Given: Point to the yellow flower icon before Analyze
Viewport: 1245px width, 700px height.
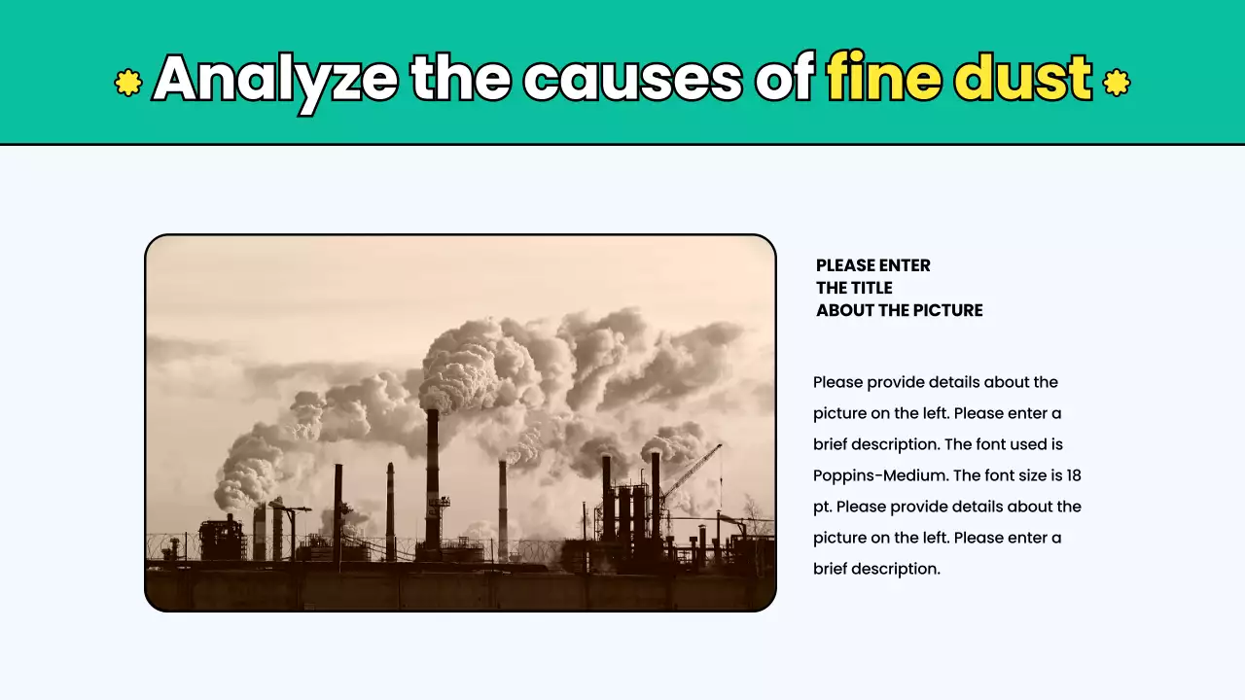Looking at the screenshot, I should coord(128,83).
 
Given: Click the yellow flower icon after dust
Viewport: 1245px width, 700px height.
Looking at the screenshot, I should coord(1117,83).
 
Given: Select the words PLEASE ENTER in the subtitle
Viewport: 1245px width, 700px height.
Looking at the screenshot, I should coord(873,265).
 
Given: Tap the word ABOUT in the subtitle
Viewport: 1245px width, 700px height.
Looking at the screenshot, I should coord(842,310).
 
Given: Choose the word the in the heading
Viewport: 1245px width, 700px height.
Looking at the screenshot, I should coord(460,80).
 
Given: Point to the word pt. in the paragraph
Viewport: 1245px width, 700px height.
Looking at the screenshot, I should coord(822,507).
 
